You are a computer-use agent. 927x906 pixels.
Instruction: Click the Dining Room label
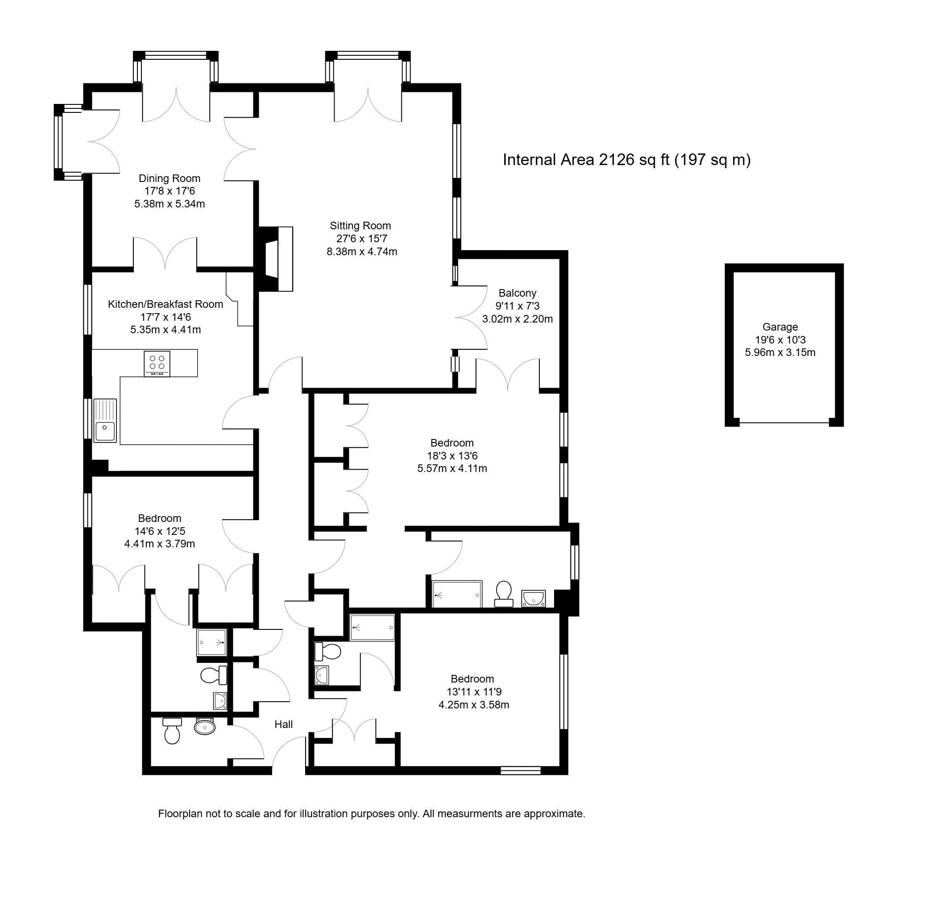170,178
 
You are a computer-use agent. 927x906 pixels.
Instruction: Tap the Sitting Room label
360,226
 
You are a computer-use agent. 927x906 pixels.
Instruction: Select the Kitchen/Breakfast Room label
166,304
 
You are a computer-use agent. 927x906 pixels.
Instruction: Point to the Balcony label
517,293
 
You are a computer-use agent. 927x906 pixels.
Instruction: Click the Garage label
780,327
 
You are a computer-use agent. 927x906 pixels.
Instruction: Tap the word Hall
284,724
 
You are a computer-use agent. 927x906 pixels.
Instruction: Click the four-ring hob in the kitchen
157,363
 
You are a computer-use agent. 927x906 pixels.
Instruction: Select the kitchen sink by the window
105,421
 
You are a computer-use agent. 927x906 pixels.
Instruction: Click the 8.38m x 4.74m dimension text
362,252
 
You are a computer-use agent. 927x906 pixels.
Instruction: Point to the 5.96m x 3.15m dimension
780,352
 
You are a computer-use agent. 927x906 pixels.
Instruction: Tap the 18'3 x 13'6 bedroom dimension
452,455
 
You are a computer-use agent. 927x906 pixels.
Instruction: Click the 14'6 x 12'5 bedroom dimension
160,531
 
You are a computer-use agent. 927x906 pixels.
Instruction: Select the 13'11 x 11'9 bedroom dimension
472,692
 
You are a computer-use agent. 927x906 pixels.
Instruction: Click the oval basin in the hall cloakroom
205,727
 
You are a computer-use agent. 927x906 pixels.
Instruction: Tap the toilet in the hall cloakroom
172,730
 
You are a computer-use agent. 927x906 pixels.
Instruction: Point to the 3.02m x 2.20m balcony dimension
517,319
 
